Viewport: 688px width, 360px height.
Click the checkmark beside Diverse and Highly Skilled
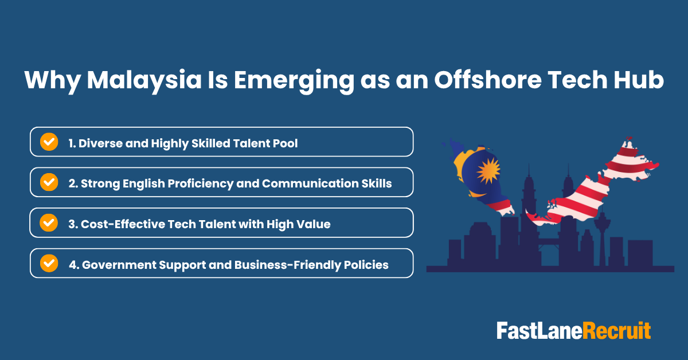49,142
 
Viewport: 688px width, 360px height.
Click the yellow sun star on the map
488,171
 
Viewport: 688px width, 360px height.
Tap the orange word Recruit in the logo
617,331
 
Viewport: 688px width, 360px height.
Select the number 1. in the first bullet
72,143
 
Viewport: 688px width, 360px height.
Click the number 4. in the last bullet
73,265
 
